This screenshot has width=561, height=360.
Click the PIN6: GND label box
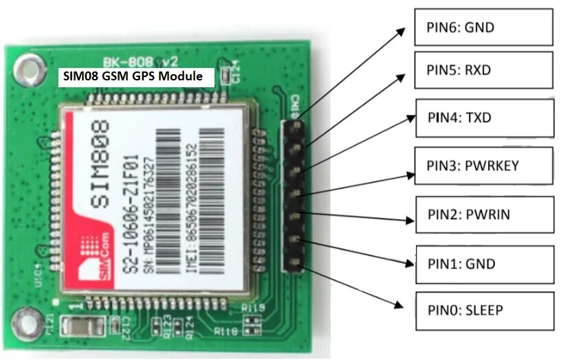click(x=484, y=27)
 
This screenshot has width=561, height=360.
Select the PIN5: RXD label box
click(x=484, y=69)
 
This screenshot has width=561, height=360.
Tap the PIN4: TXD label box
click(x=484, y=118)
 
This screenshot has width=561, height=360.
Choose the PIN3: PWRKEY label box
click(x=484, y=166)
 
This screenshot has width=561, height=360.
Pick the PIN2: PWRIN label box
click(x=484, y=215)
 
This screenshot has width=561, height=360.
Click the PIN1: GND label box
click(x=484, y=264)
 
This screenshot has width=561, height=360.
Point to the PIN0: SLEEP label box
click(x=484, y=311)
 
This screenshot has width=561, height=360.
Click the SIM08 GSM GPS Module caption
click(x=133, y=76)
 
